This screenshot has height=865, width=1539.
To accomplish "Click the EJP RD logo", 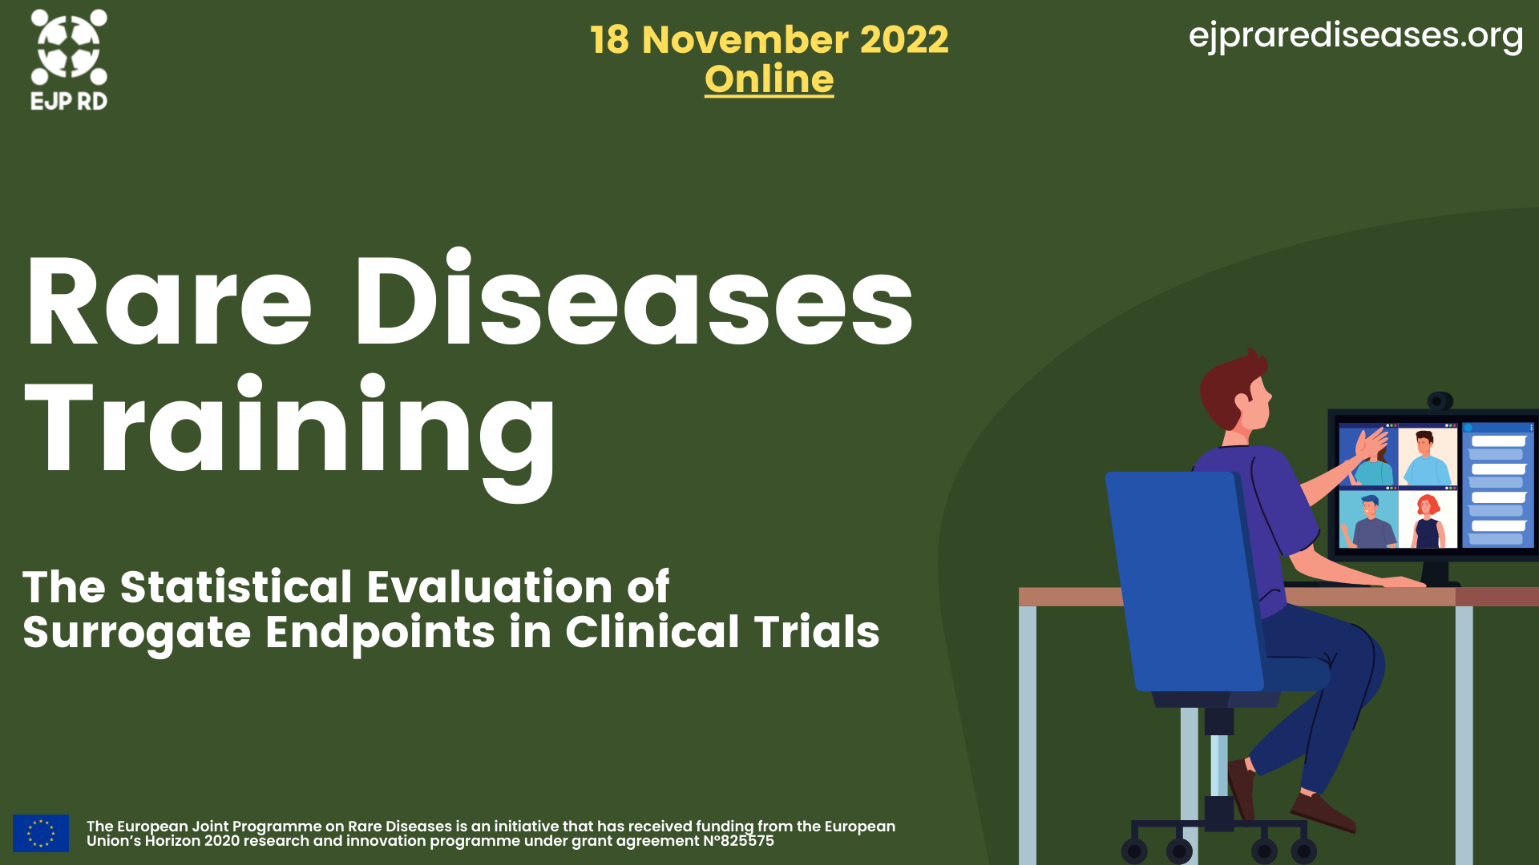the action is (x=69, y=60).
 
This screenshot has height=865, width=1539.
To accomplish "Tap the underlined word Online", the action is (x=769, y=79).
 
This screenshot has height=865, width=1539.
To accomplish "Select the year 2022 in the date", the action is (x=904, y=39).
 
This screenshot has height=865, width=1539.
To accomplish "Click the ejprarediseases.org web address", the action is (x=1355, y=36).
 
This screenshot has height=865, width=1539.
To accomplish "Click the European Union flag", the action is (x=41, y=833).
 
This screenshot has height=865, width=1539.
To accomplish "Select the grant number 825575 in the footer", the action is (x=747, y=841).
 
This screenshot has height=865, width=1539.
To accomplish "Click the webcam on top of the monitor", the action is (x=1440, y=400).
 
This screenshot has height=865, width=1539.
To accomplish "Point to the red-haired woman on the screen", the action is (x=1428, y=521).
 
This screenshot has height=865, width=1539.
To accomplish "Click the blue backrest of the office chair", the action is (x=1184, y=581).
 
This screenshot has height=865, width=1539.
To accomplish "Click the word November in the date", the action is (x=745, y=39).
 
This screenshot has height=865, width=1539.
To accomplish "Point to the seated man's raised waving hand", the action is (x=1372, y=445).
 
